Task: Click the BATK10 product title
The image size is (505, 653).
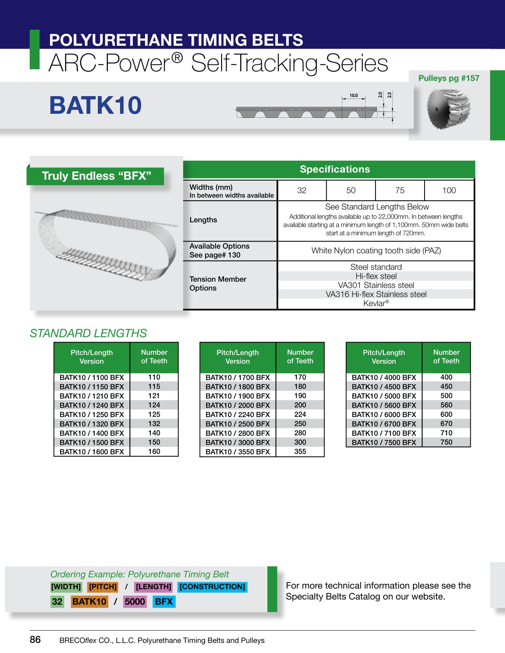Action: (x=95, y=105)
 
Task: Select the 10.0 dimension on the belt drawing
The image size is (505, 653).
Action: (x=354, y=95)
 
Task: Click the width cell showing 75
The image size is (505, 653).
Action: (x=400, y=190)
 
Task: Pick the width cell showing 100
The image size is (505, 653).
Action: (x=449, y=190)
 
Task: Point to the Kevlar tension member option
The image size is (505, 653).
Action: (x=376, y=303)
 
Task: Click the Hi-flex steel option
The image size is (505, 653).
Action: (x=376, y=276)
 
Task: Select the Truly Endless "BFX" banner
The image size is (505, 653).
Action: (x=97, y=176)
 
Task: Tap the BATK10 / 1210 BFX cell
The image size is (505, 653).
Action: (x=92, y=396)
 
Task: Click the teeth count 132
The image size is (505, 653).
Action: (x=154, y=424)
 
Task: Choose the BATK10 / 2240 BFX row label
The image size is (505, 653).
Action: (x=238, y=415)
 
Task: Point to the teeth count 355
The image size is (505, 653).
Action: (x=300, y=451)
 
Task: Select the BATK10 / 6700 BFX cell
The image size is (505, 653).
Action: (x=384, y=424)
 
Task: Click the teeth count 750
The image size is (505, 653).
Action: (x=446, y=442)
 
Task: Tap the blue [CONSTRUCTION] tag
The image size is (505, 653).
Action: (x=212, y=587)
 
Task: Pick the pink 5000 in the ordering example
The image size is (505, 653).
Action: (x=135, y=601)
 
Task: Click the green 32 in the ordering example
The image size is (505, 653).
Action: (x=57, y=601)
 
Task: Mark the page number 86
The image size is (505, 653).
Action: (x=35, y=639)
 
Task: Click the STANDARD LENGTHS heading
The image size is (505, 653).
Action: (x=88, y=333)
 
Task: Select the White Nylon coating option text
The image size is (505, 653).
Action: (x=376, y=251)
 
